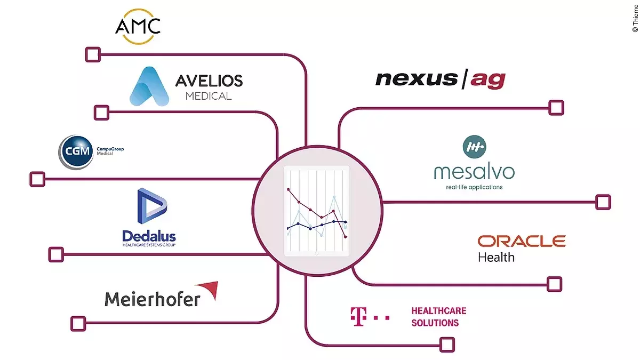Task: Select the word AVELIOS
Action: [209, 81]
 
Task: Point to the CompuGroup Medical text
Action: [110, 151]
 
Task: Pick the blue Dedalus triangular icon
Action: [151, 206]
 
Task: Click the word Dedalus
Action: [149, 236]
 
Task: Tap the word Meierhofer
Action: [153, 298]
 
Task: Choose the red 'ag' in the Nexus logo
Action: [486, 80]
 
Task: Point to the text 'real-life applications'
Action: [474, 187]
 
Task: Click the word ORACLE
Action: [521, 242]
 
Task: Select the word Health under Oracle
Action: [496, 257]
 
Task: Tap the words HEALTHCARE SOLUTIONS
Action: [438, 317]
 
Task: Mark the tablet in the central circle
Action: [317, 211]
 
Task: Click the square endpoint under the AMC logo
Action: [93, 54]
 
